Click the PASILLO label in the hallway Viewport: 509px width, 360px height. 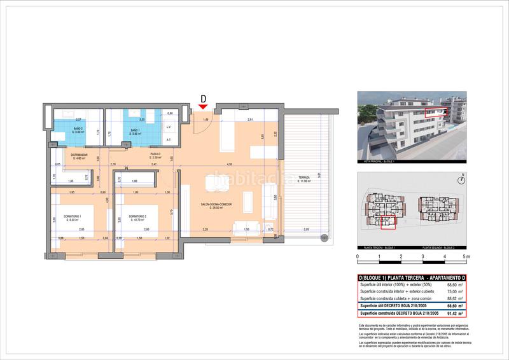[x=155, y=155]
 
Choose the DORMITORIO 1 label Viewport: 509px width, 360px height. [x=76, y=218]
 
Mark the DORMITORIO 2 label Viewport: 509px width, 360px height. [x=139, y=218]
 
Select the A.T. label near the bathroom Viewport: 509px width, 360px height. [x=168, y=139]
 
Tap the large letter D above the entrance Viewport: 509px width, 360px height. [x=204, y=99]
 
